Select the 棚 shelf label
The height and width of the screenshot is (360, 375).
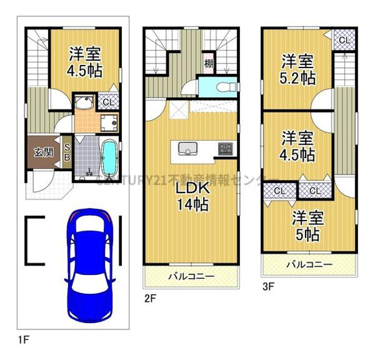pyautogui.click(x=209, y=64)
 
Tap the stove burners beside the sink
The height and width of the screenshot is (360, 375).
pyautogui.click(x=224, y=149)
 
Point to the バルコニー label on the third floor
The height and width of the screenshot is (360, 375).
pyautogui.click(x=309, y=265)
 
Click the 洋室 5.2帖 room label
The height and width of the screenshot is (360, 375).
pyautogui.click(x=298, y=69)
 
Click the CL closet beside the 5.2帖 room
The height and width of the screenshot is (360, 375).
pyautogui.click(x=345, y=40)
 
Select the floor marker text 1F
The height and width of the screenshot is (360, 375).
pyautogui.click(x=24, y=339)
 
